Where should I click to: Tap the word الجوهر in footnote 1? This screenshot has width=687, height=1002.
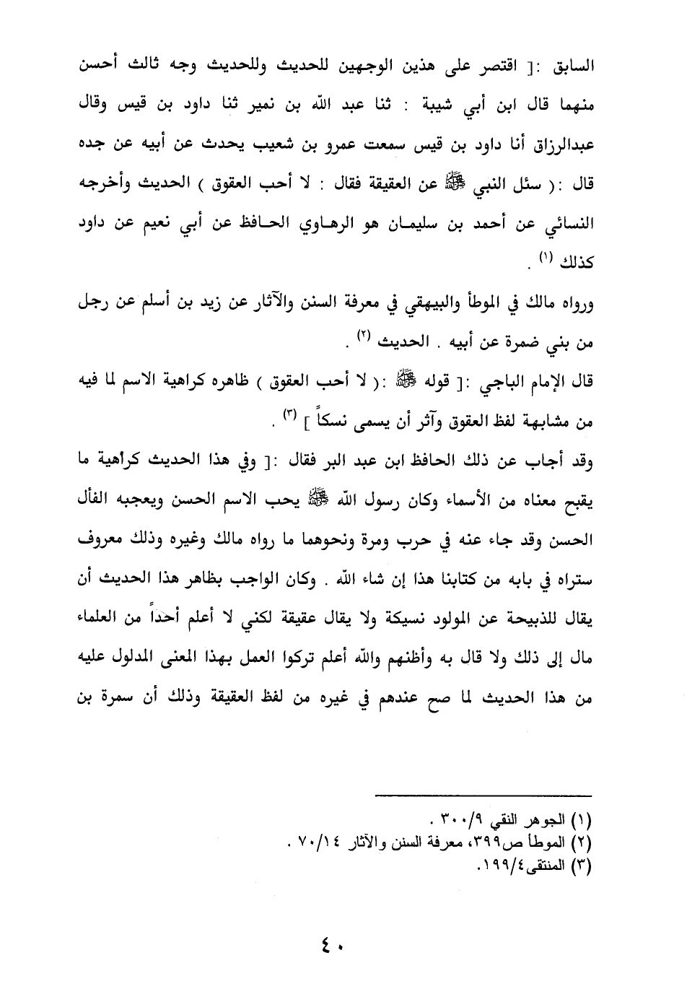548,821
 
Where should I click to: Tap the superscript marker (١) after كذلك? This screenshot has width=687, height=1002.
547,258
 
